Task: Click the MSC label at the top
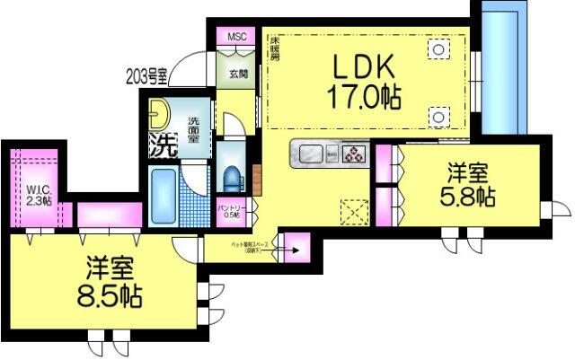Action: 236,37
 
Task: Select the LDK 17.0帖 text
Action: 367,80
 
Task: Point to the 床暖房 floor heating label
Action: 274,47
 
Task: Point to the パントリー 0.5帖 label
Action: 230,211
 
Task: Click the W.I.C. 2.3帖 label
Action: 38,193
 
